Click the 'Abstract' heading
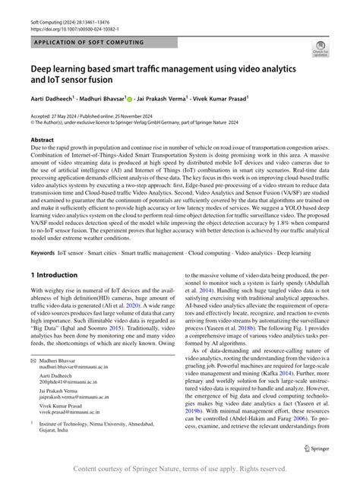tap(42, 141)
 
